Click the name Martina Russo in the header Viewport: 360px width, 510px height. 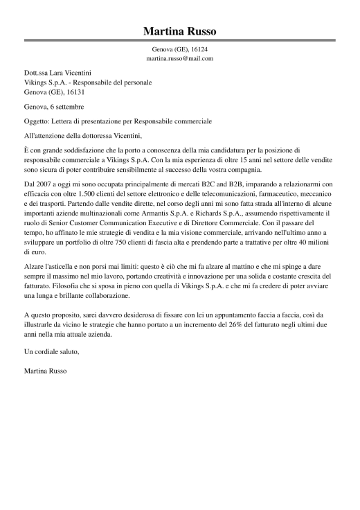pyautogui.click(x=179, y=31)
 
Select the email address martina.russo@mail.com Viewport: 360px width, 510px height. pyautogui.click(x=179, y=59)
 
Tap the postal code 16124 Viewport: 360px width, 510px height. pyautogui.click(x=199, y=50)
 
